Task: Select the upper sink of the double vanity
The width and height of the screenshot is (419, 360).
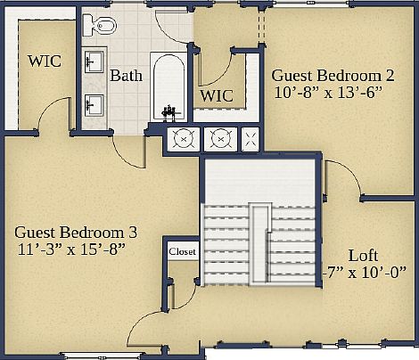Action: pos(92,62)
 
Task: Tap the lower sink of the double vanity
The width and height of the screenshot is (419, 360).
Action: pos(92,105)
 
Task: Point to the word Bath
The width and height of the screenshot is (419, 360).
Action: pos(126,77)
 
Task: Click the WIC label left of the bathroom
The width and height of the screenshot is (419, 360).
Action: pos(45,62)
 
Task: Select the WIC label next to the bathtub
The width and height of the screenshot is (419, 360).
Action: pos(216,94)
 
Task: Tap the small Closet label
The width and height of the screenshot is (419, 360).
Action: pos(182,251)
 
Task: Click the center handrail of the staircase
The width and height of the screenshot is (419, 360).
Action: pos(259,242)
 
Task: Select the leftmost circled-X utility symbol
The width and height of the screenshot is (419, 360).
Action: pos(183,138)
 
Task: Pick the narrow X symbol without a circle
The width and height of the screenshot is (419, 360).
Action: pos(251,138)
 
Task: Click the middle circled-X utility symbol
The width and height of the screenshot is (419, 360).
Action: pos(218,138)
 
